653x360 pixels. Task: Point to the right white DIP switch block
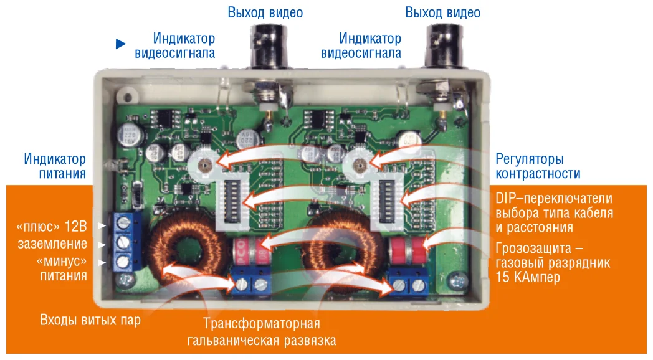coord(385,201)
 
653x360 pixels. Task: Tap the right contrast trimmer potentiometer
coord(358,164)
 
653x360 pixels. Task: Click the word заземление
coord(51,244)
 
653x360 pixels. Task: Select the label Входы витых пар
coord(90,320)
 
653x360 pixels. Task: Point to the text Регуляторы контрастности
coord(538,166)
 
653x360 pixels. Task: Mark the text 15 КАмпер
coord(528,278)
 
